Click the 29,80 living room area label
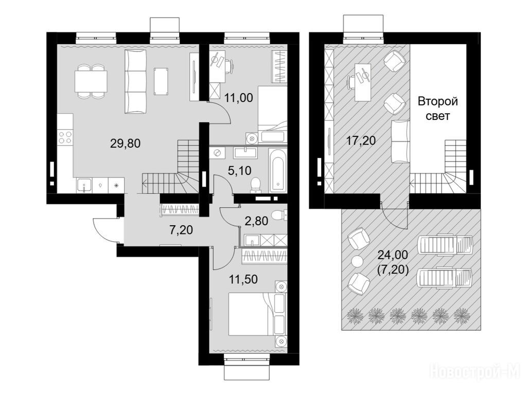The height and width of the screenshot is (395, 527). [125, 144]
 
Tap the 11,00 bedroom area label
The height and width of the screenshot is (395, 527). [238, 98]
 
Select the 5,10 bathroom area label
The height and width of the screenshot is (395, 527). [239, 171]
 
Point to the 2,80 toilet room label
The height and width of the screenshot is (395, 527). [256, 221]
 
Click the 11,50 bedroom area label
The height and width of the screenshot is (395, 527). [243, 279]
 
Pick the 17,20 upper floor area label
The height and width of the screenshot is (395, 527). [361, 140]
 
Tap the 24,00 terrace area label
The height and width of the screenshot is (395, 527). [393, 255]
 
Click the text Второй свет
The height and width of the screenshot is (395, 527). [437, 109]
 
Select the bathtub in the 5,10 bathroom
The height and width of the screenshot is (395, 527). [277, 171]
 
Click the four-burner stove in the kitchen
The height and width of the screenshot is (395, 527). [65, 137]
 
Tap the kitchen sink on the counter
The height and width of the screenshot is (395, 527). [84, 185]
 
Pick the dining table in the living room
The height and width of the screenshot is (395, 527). [91, 81]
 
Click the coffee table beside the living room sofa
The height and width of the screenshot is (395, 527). [161, 81]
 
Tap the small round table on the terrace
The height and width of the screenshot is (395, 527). [357, 261]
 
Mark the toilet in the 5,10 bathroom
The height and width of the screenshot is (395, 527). [256, 185]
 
